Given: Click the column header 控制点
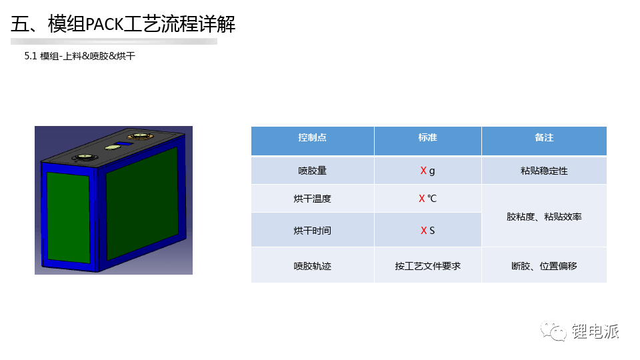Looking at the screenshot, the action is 312,137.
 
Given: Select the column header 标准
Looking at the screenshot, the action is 427,137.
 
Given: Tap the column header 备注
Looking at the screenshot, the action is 544,137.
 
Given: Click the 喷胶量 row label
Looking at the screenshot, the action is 312,171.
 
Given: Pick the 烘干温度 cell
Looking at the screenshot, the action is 312,199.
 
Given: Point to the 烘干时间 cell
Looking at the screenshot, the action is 312,231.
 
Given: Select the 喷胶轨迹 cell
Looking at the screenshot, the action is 312,266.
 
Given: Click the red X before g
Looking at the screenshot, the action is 423,171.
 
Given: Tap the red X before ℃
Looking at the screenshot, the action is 421,199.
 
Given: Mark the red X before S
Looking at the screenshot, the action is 424,231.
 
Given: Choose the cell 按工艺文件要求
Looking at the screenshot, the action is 427,266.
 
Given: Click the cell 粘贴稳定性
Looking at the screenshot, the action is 544,171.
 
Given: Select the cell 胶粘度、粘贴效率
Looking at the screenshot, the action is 544,217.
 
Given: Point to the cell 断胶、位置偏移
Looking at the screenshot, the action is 544,266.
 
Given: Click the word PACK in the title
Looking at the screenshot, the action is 104,25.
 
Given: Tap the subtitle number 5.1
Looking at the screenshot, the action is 31,56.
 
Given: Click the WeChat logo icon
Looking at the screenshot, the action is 553,330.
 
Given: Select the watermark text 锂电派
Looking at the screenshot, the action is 595,331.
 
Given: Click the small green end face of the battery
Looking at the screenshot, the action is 68,217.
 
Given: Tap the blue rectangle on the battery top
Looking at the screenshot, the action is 125,144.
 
